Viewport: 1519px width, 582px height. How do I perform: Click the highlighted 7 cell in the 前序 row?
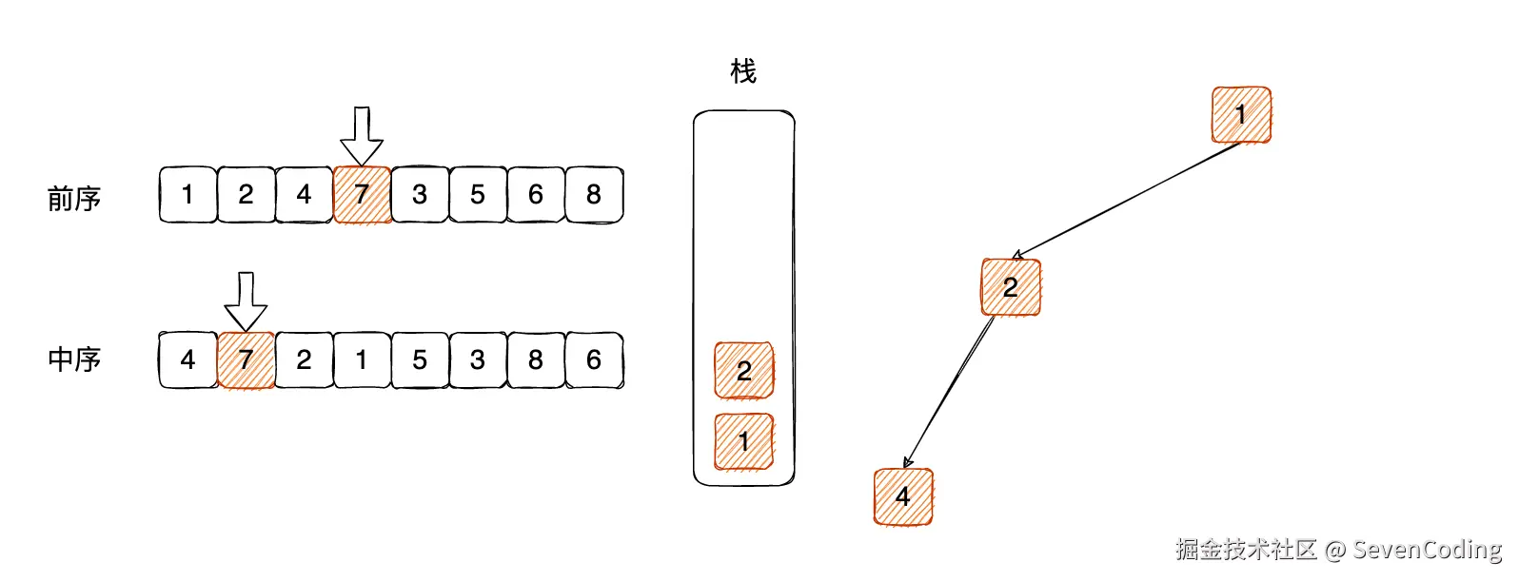[x=362, y=195]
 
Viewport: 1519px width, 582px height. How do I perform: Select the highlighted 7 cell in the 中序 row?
[x=246, y=359]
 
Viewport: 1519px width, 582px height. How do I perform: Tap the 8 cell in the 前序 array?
[x=594, y=195]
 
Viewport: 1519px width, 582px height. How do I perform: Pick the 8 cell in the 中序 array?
[x=536, y=359]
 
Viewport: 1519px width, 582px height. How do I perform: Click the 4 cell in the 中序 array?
[x=187, y=359]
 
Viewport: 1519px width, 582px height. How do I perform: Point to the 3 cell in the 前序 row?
[x=420, y=195]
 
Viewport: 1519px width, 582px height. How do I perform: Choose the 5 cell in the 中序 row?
[x=420, y=359]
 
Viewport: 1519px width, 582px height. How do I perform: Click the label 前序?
[x=74, y=199]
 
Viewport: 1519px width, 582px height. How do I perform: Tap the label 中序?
[x=74, y=359]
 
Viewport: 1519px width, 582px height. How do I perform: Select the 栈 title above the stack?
[x=743, y=71]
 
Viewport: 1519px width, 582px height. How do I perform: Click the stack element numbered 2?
[x=744, y=370]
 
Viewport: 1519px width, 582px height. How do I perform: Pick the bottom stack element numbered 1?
[x=744, y=441]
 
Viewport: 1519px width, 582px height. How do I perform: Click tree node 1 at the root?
[x=1241, y=115]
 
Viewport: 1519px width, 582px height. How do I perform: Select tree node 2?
[x=1011, y=286]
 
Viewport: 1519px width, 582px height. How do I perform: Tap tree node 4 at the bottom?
[x=903, y=495]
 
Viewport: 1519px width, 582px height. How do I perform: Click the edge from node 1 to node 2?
[x=1128, y=199]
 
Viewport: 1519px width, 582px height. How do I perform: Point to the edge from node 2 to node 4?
[x=950, y=390]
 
